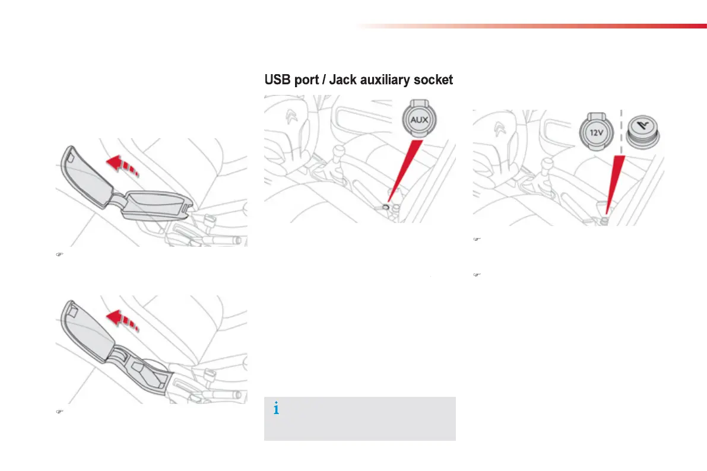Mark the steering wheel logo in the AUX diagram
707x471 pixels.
click(292, 116)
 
